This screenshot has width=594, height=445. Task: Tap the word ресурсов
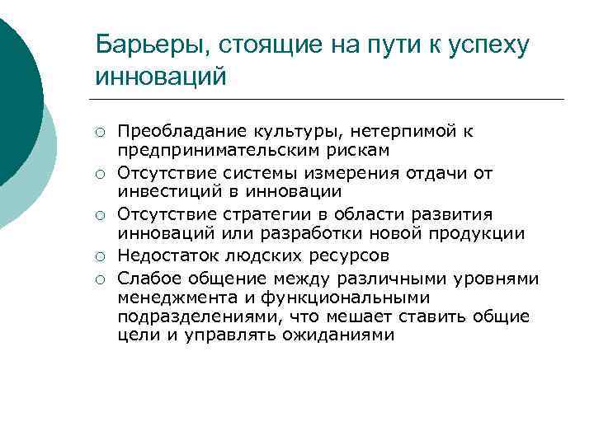(x=345, y=254)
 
